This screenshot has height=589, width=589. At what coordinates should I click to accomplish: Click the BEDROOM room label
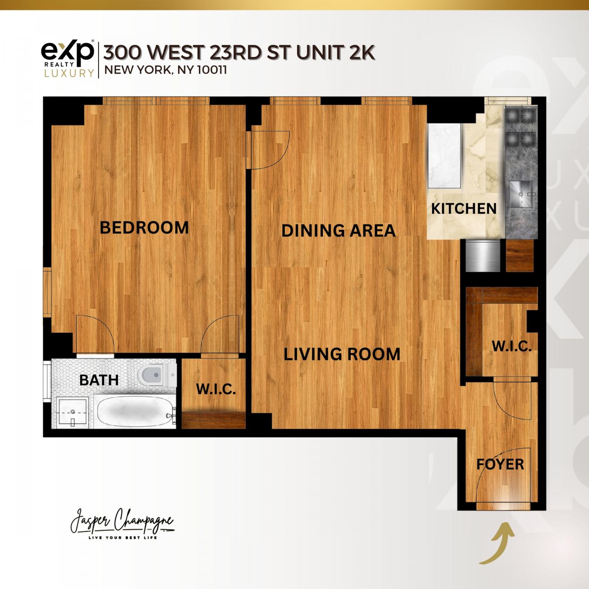(x=144, y=228)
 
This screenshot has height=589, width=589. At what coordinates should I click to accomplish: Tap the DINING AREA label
(x=338, y=230)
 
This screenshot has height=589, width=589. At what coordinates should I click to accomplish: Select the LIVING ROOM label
(x=342, y=354)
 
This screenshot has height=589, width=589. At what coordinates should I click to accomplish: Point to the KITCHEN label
(x=464, y=209)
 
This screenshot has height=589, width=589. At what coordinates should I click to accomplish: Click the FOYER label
(x=500, y=464)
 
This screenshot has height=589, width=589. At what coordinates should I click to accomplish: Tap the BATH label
(x=99, y=380)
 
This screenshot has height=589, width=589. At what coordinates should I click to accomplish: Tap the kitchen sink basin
(x=521, y=192)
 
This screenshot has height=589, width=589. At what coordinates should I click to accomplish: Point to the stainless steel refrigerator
(x=482, y=256)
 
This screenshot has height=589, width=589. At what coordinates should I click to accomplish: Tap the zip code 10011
(x=212, y=70)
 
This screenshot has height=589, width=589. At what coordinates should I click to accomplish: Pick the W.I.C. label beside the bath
(x=216, y=389)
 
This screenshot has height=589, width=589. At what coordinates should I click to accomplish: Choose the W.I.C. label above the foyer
(x=511, y=346)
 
